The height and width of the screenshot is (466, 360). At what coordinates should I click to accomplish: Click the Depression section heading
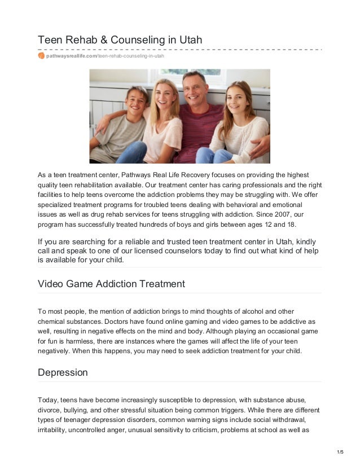coord(63,373)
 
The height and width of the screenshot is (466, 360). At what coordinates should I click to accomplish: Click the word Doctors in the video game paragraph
coord(107,322)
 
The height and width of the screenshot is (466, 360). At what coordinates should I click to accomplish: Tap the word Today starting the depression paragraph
coord(47,400)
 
